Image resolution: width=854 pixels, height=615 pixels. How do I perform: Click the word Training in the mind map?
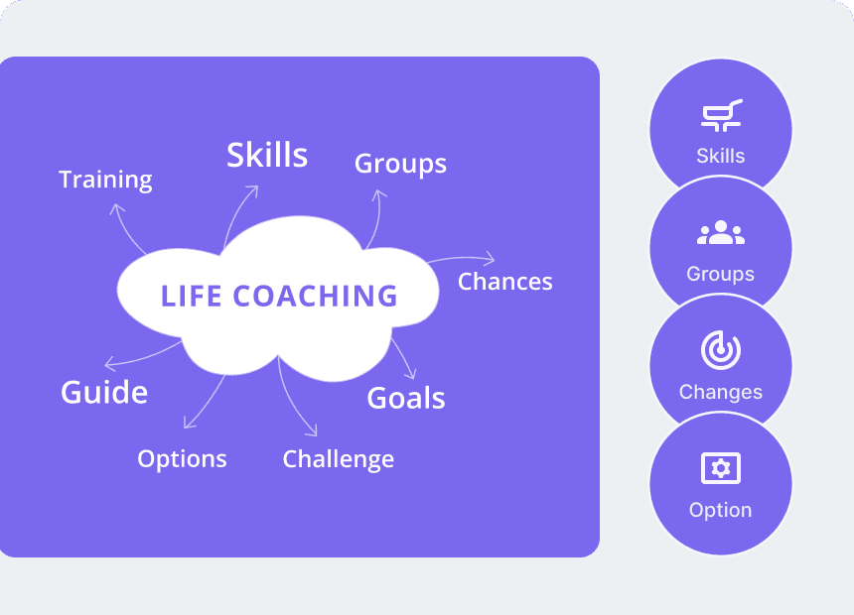105,180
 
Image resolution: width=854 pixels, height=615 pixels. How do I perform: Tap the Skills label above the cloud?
267,155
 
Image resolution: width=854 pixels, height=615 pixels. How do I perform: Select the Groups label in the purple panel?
400,164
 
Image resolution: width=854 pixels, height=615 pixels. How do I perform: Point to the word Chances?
504,282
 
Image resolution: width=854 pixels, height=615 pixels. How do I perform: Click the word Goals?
406,398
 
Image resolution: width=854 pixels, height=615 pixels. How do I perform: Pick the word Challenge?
339,459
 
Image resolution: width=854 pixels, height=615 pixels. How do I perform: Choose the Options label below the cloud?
182,459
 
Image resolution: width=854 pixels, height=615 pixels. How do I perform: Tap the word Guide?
104,393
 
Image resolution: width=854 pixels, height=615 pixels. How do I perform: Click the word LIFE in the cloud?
192,296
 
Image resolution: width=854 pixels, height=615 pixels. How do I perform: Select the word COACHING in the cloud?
315,296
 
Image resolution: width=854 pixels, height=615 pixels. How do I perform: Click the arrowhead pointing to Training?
116,207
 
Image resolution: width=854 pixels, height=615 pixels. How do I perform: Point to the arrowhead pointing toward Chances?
490,259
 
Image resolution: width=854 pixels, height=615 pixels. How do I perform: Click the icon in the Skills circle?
721,115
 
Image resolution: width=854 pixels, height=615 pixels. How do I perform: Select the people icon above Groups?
721,232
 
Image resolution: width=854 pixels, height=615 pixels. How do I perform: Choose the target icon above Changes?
721,350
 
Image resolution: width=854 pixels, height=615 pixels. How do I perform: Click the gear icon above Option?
721,468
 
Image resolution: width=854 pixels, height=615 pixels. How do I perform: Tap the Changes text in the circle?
721,393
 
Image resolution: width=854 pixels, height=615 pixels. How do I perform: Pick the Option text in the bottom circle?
721,511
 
